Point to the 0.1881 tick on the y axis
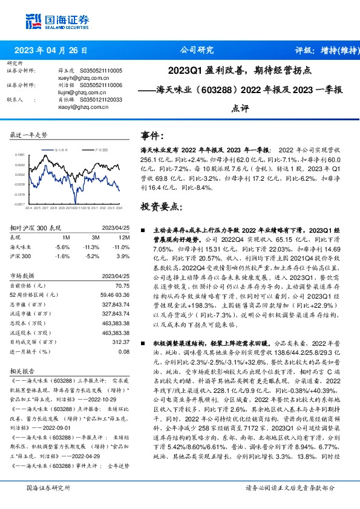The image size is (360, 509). click(19, 155)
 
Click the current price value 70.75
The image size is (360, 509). click(121, 285)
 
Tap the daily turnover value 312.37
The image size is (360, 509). click(120, 342)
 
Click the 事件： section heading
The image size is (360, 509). click(152, 136)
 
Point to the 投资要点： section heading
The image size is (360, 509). click(160, 206)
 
